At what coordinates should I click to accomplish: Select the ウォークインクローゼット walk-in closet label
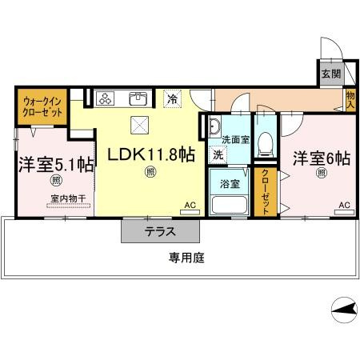click(42, 107)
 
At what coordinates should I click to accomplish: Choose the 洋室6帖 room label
click(320, 158)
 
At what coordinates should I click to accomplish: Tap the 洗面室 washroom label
click(235, 139)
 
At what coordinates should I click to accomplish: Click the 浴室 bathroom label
click(230, 183)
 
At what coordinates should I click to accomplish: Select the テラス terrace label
click(160, 233)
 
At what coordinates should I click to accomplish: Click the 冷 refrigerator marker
click(172, 99)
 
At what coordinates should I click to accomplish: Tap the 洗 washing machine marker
click(218, 154)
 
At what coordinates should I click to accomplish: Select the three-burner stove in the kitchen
click(106, 98)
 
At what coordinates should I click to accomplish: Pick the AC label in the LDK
click(190, 206)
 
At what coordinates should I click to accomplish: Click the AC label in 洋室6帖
click(344, 206)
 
